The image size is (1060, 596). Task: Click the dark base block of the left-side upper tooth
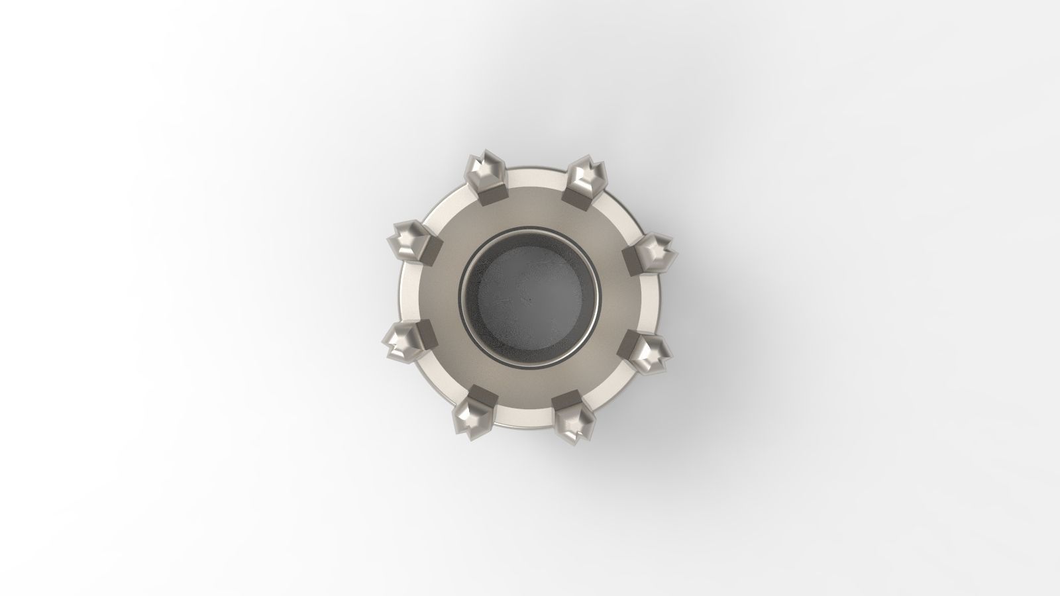tap(431, 251)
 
